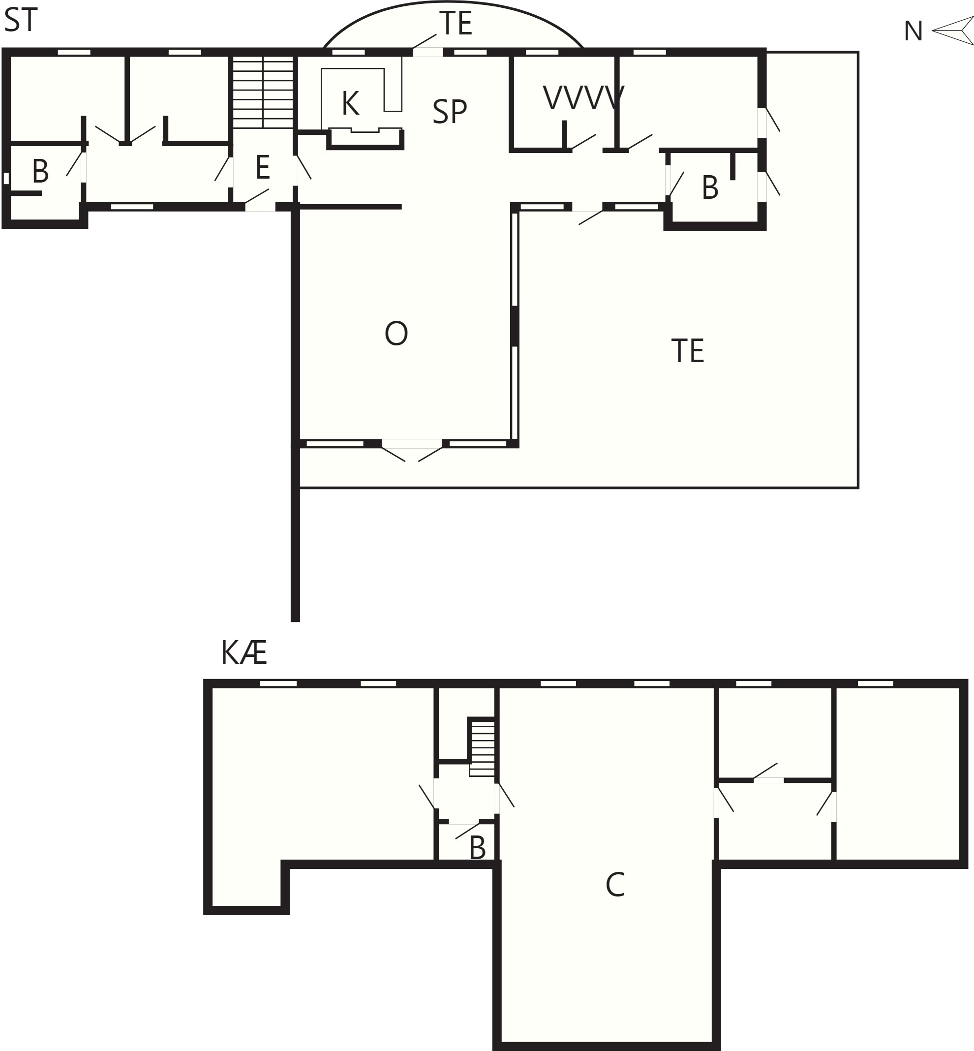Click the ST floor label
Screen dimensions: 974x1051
[21, 21]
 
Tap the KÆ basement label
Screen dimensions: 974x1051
[244, 653]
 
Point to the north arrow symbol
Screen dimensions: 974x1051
[953, 31]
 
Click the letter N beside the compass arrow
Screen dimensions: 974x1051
[913, 31]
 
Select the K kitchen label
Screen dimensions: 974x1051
[350, 103]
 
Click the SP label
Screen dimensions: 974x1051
[450, 112]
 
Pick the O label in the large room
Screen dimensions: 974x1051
[396, 334]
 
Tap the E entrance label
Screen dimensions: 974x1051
[263, 168]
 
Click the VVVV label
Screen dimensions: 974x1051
[583, 98]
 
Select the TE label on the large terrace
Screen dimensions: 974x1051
[688, 351]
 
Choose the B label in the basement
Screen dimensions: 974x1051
[478, 848]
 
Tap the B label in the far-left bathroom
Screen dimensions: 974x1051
[40, 171]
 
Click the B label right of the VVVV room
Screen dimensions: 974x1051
[710, 187]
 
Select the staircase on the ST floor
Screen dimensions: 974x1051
[263, 92]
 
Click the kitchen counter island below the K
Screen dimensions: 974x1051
[365, 139]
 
